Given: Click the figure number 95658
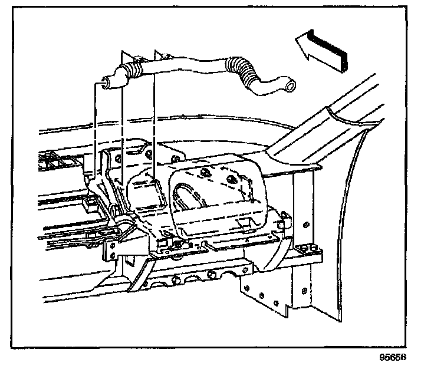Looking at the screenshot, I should (393, 357).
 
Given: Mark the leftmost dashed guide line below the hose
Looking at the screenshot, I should (95, 130).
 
